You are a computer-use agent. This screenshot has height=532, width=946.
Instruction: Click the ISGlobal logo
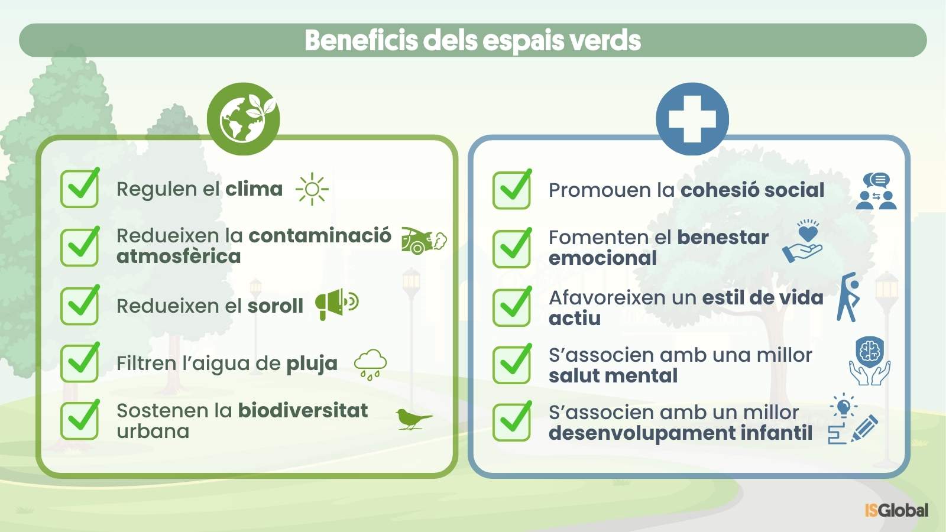[x=896, y=511]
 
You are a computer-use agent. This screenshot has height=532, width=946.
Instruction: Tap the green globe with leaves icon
[x=243, y=119]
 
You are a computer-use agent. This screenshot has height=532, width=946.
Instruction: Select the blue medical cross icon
[x=692, y=119]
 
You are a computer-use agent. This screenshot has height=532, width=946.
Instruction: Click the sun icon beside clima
[x=312, y=189]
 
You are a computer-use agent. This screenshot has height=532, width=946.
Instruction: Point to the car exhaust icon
[x=424, y=241]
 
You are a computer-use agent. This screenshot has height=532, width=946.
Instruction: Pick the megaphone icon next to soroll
[x=337, y=304]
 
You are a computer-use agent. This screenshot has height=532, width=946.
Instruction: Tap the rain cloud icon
[x=370, y=365]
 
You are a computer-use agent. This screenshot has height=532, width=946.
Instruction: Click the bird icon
[x=413, y=419]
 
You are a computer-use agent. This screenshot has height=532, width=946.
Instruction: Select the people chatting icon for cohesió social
[x=876, y=191]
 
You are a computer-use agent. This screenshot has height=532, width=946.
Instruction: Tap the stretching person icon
[x=848, y=297]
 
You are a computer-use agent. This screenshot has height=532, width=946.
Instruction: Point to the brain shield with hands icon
[x=870, y=361]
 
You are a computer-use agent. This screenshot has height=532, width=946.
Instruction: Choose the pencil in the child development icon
[x=865, y=428]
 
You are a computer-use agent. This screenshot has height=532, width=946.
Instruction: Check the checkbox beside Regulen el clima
[x=80, y=188]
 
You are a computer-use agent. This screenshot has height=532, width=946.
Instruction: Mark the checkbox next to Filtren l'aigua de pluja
[x=80, y=363]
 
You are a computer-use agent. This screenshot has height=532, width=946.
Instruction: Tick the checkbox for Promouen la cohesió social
[x=512, y=190]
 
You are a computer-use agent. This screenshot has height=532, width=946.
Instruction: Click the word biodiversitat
[x=303, y=410]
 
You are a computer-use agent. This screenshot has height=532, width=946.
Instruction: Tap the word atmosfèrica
[x=179, y=257]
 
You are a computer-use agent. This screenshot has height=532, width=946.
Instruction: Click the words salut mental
[x=613, y=375]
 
